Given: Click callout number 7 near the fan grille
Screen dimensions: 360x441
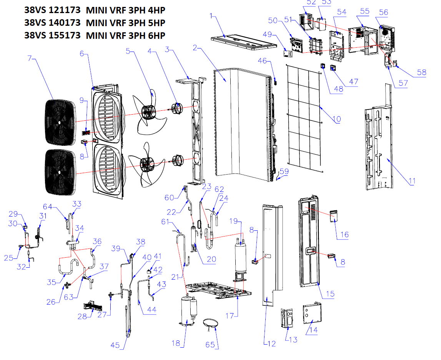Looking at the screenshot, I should coord(30,58).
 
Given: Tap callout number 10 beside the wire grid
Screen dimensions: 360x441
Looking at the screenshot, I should coord(337,119).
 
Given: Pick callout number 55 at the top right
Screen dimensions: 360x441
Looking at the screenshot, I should coord(364,12).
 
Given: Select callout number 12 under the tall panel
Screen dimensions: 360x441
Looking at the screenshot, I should coord(271,344).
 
